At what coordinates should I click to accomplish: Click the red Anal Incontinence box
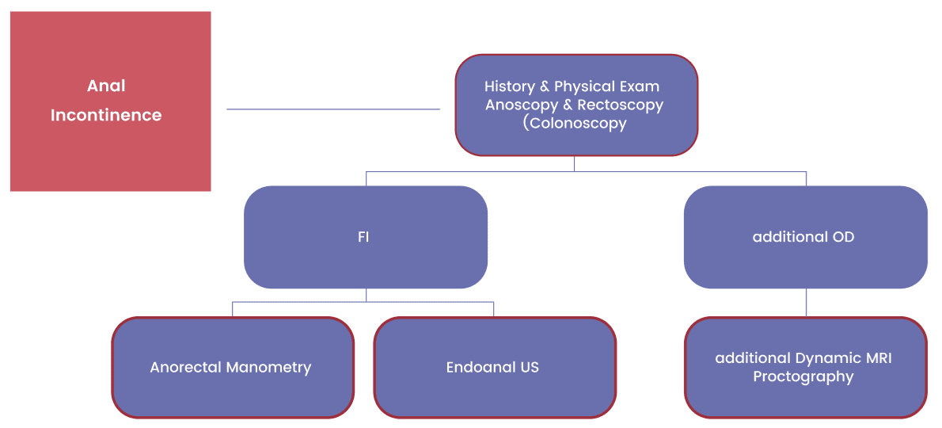[111, 101]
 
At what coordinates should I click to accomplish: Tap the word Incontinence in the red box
[106, 115]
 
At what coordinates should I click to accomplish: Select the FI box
[365, 237]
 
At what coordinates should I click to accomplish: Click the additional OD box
[805, 237]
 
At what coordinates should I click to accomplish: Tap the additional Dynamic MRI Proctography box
[805, 367]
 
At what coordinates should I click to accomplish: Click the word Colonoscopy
[558, 124]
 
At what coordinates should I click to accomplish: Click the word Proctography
[803, 377]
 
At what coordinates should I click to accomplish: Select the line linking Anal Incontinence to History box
[333, 109]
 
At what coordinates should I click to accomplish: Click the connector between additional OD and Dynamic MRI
[806, 302]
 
